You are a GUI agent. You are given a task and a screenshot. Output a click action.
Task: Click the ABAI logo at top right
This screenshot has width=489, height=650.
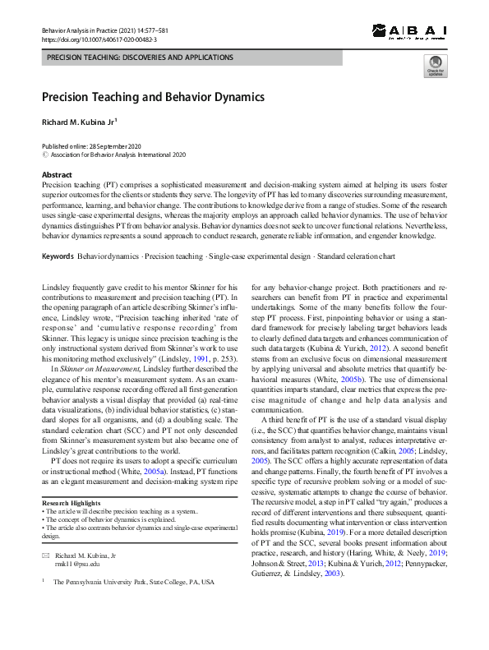pos(408,31)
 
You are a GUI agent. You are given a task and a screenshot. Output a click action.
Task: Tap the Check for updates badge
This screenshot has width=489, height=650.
pos(436,67)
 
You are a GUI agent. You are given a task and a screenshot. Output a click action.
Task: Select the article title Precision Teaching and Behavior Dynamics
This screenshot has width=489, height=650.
pos(153,97)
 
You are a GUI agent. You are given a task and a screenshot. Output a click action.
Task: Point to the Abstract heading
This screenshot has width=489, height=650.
pos(57,175)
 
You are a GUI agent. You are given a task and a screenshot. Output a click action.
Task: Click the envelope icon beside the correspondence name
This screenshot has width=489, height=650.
pos(46,556)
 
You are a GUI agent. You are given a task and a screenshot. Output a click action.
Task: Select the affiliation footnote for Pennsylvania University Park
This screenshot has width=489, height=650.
pos(133,582)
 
